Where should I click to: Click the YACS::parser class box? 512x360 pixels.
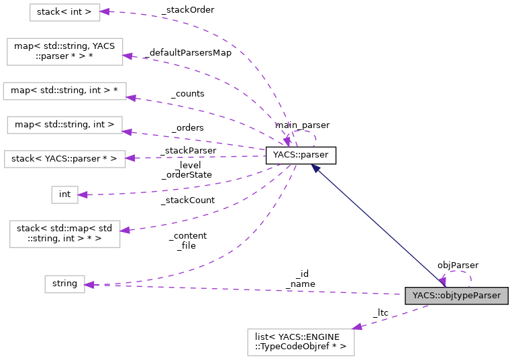pyautogui.click(x=300, y=156)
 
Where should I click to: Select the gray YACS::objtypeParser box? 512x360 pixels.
pyautogui.click(x=456, y=295)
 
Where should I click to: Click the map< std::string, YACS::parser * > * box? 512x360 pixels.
pyautogui.click(x=64, y=52)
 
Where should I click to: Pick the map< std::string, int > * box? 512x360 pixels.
pyautogui.click(x=64, y=91)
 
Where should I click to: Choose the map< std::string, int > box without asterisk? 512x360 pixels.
pyautogui.click(x=64, y=124)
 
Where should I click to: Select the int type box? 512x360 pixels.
pyautogui.click(x=64, y=194)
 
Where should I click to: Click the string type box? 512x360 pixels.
pyautogui.click(x=64, y=284)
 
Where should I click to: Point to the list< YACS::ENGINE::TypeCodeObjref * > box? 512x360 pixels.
pyautogui.click(x=300, y=342)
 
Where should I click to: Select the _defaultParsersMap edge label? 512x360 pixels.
pyautogui.click(x=187, y=52)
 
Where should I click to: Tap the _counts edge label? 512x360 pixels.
pyautogui.click(x=187, y=94)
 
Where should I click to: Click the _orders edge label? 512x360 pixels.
pyautogui.click(x=187, y=127)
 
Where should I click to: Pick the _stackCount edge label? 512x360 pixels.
pyautogui.click(x=187, y=200)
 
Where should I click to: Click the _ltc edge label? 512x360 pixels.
pyautogui.click(x=380, y=312)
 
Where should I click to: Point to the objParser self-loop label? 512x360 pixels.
pyautogui.click(x=458, y=265)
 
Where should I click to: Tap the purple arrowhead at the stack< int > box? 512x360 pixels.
pyautogui.click(x=105, y=12)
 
